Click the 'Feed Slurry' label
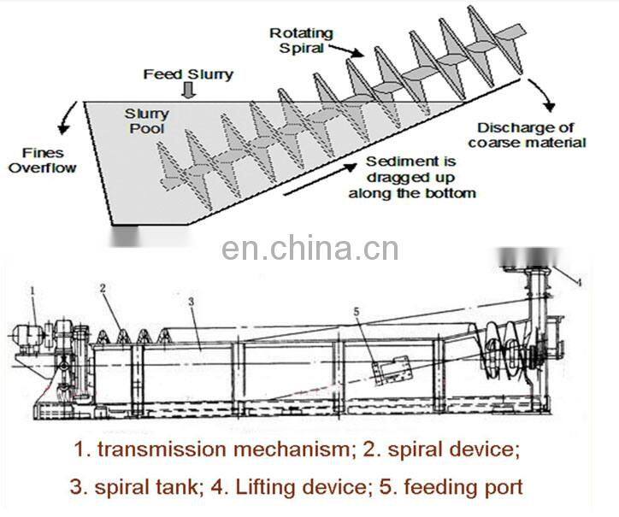coord(187,74)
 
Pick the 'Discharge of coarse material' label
coord(527,135)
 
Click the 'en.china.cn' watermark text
coord(309,249)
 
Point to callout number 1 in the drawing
coord(32,291)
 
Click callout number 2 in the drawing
coord(102,290)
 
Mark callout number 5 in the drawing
coord(357,311)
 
